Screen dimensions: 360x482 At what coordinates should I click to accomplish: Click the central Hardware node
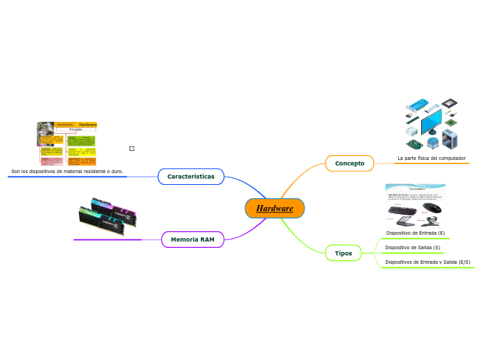pos(274,208)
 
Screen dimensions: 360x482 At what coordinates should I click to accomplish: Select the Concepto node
pos(350,163)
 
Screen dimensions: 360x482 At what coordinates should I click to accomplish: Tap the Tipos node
pos(343,253)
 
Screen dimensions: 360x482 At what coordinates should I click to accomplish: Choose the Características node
pos(190,177)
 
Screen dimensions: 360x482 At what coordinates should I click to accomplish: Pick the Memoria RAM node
pos(193,240)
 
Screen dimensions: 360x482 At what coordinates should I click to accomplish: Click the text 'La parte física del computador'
pos(431,159)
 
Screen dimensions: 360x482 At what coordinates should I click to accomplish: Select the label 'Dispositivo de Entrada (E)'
pos(416,233)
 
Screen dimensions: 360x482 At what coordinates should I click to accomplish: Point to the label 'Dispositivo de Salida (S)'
pos(413,248)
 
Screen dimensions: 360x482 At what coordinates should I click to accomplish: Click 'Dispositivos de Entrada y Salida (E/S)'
pos(427,262)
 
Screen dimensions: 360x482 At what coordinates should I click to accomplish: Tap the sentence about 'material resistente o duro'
pos(67,171)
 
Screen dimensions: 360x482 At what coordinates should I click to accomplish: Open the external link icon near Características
pos(132,148)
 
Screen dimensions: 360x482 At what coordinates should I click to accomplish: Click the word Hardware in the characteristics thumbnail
pos(88,125)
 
